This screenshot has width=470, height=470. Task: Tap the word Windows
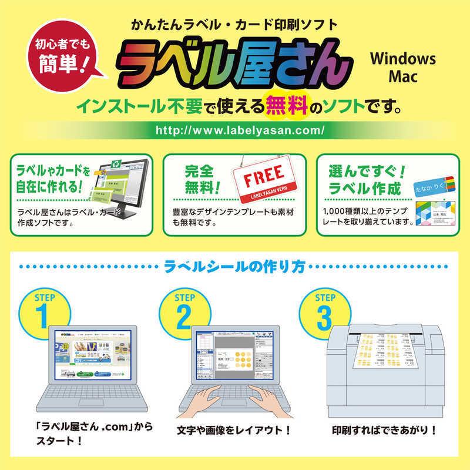click(x=402, y=59)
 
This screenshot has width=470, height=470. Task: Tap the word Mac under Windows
click(x=402, y=77)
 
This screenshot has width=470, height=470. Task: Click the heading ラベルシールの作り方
click(x=235, y=268)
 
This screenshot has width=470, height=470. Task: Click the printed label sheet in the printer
click(x=387, y=352)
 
